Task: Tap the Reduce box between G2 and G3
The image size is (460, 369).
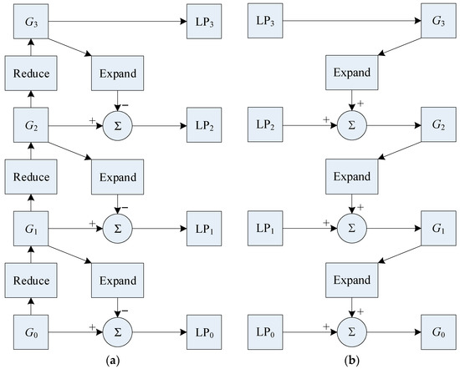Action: [x=30, y=73]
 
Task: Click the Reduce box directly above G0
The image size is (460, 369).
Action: [x=30, y=276]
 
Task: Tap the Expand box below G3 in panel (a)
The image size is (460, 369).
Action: [x=119, y=73]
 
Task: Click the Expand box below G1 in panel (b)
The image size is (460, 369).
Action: [x=351, y=276]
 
